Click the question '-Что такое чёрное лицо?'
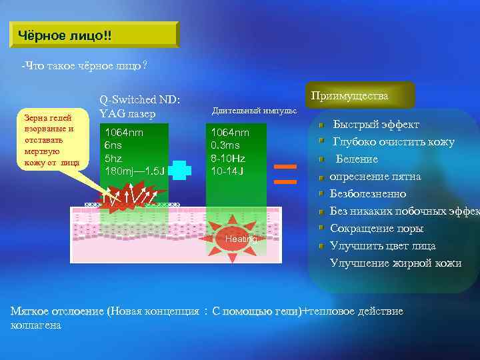click(x=85, y=67)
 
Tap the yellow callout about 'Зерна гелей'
click(x=53, y=139)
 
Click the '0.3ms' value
click(x=225, y=145)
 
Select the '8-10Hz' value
click(x=228, y=158)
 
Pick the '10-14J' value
click(x=227, y=171)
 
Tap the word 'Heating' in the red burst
click(x=241, y=239)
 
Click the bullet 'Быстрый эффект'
click(x=376, y=125)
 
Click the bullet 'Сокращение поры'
click(x=377, y=229)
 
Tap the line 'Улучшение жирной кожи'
click(x=395, y=263)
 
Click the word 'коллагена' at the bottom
click(x=37, y=325)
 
